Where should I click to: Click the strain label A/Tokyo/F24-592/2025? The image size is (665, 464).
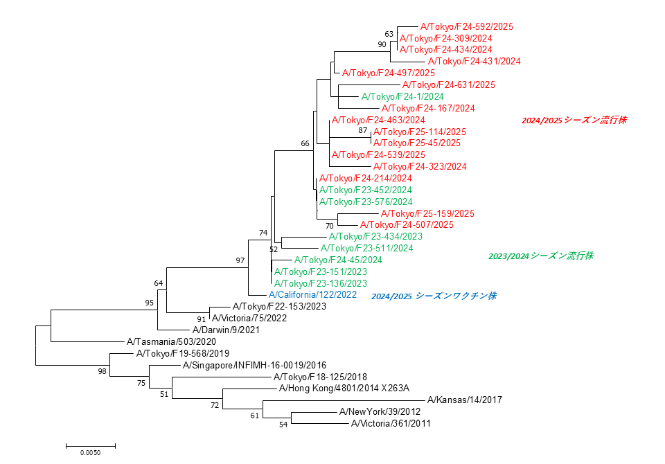[x=466, y=26]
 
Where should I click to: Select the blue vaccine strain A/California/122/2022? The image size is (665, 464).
[x=313, y=295]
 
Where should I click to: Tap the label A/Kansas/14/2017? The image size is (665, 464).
[x=464, y=400]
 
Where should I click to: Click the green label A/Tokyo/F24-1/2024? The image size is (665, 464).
[x=402, y=96]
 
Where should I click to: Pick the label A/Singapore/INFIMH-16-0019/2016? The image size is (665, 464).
[x=254, y=365]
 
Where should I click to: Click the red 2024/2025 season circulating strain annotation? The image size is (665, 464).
[x=574, y=120]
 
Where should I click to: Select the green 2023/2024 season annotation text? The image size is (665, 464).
[x=541, y=256]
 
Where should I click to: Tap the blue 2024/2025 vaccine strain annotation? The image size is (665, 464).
[x=434, y=296]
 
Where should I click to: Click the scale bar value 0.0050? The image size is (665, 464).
[x=90, y=453]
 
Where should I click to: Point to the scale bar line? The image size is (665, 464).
[x=90, y=445]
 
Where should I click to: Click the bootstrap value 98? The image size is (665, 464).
[x=103, y=372]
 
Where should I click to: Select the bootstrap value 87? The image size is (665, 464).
[x=363, y=130]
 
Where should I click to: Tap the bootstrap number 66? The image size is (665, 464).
[x=305, y=143]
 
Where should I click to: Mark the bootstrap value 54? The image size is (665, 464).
[x=283, y=424]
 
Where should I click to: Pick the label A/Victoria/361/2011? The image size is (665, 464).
[x=391, y=423]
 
